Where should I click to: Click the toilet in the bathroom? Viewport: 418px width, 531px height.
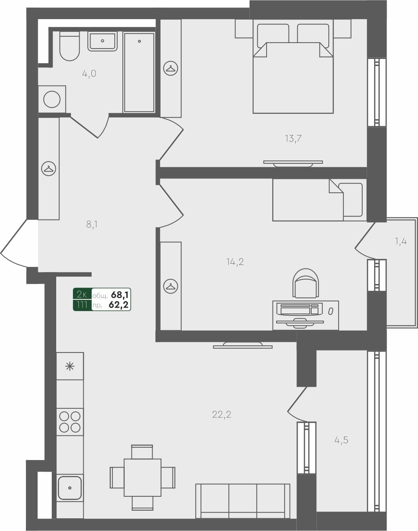(70, 47)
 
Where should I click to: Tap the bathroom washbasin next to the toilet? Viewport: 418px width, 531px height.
(103, 41)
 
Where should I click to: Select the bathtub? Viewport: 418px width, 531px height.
(139, 72)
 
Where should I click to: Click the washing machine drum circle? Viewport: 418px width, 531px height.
(52, 99)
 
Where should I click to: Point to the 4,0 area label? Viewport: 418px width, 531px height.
(89, 74)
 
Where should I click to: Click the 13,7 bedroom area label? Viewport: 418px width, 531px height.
(293, 139)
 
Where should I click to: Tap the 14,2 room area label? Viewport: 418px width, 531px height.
(235, 262)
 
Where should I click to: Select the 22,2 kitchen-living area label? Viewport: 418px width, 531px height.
(222, 415)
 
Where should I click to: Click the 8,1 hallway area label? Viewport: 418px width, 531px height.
(92, 224)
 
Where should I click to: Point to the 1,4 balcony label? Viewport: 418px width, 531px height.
(401, 241)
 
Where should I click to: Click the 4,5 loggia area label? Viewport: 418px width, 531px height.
(341, 440)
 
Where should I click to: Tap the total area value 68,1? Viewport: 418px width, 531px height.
(120, 295)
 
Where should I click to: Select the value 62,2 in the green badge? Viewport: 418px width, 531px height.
(119, 305)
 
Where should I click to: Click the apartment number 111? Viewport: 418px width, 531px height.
(82, 305)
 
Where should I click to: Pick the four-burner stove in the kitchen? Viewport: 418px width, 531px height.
(70, 422)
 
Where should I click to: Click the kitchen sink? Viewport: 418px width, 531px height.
(70, 488)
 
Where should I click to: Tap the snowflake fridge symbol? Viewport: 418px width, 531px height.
(70, 366)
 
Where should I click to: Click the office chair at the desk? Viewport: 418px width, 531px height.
(306, 283)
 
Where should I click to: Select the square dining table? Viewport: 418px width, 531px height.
(142, 477)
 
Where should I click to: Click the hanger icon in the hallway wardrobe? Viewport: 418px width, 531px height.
(49, 169)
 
